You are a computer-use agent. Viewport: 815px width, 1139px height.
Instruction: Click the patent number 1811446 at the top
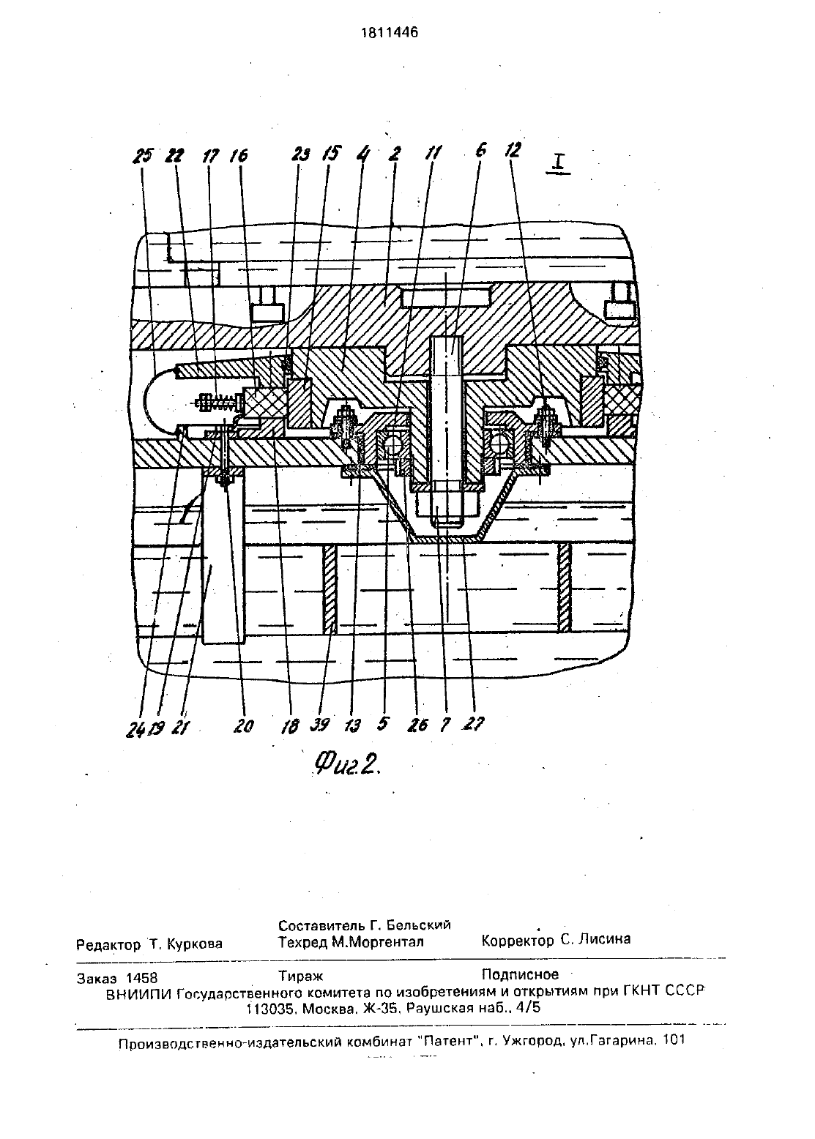[x=390, y=32]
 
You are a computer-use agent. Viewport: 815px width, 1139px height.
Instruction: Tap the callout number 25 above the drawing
[x=143, y=156]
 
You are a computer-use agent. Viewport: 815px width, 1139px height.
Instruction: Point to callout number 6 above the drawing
[x=481, y=150]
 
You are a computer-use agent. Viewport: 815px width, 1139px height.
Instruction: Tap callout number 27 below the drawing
[x=474, y=723]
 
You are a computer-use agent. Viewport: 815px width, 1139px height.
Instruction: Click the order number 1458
[x=141, y=978]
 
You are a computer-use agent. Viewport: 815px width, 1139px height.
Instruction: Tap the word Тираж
[x=301, y=976]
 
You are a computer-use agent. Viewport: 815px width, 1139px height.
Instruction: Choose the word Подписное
[x=520, y=974]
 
